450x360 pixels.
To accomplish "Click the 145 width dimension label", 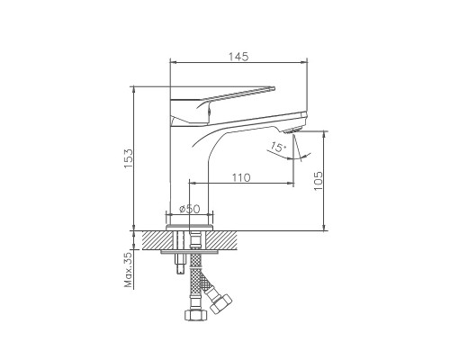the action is pyautogui.click(x=238, y=57).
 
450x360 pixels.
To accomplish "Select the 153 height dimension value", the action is pyautogui.click(x=128, y=158).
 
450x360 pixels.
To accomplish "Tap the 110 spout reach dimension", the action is pyautogui.click(x=241, y=177).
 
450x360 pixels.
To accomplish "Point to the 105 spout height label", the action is pyautogui.click(x=318, y=181).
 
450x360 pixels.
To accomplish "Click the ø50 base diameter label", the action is pyautogui.click(x=189, y=209).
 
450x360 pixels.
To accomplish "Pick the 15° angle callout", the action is pyautogui.click(x=278, y=147).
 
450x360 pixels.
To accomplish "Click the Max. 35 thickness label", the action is pyautogui.click(x=128, y=270).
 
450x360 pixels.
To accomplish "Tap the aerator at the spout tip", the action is pyautogui.click(x=292, y=130).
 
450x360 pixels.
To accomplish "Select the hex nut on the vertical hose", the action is pyautogui.click(x=196, y=315).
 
